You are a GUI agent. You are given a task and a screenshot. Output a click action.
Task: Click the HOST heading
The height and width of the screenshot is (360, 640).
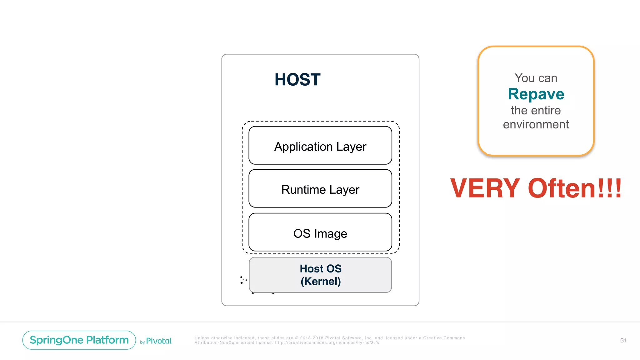click(x=297, y=79)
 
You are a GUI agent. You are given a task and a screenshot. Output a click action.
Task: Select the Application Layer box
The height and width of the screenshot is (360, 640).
click(x=320, y=146)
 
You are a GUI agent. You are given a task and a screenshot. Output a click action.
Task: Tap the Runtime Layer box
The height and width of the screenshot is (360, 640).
click(x=320, y=189)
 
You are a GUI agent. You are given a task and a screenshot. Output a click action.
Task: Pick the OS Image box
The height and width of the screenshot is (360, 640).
click(x=320, y=232)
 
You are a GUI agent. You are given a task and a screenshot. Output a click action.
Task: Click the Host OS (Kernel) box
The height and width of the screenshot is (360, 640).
click(x=320, y=275)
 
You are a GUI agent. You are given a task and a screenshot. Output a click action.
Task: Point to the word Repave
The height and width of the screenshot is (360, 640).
click(x=536, y=94)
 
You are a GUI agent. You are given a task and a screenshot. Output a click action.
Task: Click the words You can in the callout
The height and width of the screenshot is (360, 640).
click(x=536, y=78)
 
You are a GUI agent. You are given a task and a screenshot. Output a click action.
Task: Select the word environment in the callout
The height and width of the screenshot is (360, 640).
click(x=536, y=124)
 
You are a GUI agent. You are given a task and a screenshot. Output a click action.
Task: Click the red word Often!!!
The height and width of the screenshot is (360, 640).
click(x=575, y=188)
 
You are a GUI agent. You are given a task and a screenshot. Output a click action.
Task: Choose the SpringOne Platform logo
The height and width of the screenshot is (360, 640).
click(x=79, y=340)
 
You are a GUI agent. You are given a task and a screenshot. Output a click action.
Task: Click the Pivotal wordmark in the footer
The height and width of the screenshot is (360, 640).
click(x=159, y=341)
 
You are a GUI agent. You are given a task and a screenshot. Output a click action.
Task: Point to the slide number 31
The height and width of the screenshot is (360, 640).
click(x=623, y=340)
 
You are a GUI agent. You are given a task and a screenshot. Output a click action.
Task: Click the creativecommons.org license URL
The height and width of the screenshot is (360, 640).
click(x=327, y=343)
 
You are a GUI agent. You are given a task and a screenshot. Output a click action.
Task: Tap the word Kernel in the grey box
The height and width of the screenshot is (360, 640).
click(x=321, y=281)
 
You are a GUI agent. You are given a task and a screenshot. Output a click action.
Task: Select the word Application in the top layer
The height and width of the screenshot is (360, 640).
click(x=303, y=147)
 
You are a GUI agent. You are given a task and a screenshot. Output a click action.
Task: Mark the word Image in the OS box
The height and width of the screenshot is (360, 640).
click(x=331, y=234)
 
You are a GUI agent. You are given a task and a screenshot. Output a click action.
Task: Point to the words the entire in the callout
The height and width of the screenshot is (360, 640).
click(x=536, y=110)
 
